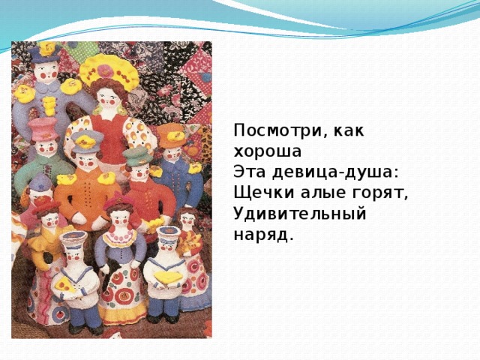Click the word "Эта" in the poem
(x=249, y=172)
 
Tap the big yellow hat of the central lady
(x=109, y=72)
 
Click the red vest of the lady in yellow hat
(x=112, y=128)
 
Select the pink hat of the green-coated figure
(x=44, y=127)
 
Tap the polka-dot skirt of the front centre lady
(x=120, y=289)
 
